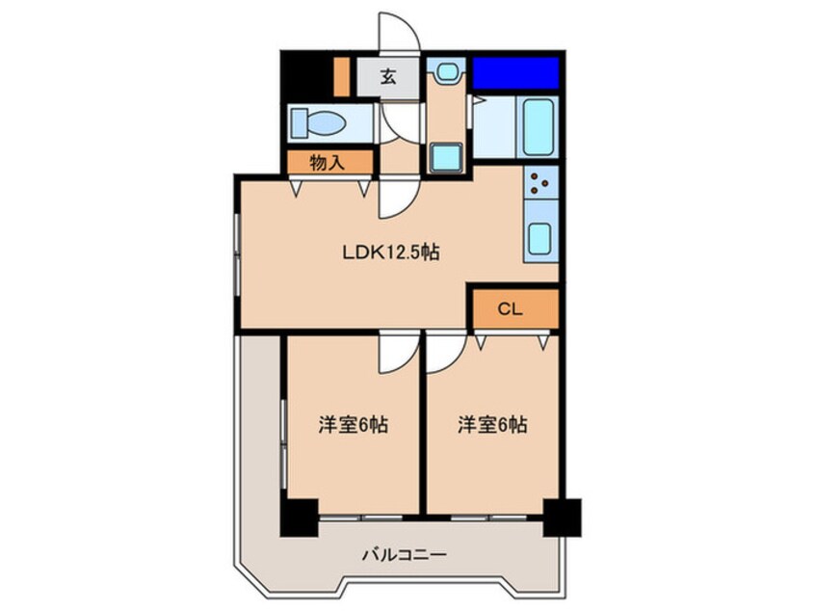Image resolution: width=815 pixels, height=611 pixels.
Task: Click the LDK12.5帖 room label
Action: pyautogui.click(x=392, y=253)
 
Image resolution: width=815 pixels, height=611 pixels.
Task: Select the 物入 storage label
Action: pyautogui.click(x=328, y=163)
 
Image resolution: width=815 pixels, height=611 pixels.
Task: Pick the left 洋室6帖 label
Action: pyautogui.click(x=354, y=424)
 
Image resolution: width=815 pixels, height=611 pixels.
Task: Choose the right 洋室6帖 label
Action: pyautogui.click(x=491, y=424)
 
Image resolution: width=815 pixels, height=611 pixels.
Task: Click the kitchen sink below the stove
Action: pyautogui.click(x=540, y=236)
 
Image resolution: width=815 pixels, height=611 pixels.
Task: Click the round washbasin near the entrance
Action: pyautogui.click(x=445, y=72)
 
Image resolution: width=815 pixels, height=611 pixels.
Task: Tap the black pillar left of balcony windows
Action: pyautogui.click(x=299, y=518)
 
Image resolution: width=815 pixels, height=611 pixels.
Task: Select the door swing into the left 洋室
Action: pyautogui.click(x=396, y=352)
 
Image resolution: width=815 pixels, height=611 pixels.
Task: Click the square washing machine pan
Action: pyautogui.click(x=446, y=156)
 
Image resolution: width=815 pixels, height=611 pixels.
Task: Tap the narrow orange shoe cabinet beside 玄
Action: pyautogui.click(x=341, y=77)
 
